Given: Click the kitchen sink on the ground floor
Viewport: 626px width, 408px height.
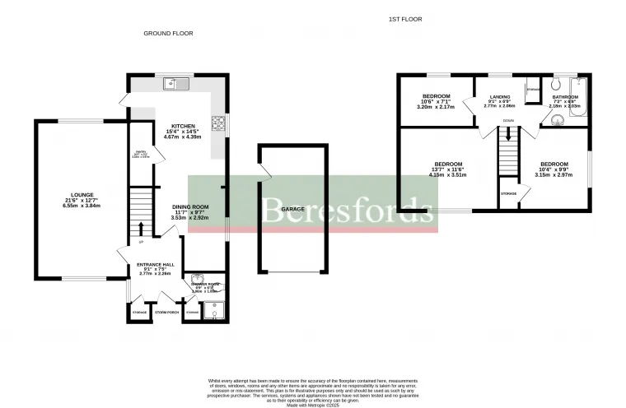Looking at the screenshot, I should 177,83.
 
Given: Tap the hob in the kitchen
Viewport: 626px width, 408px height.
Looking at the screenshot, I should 220,123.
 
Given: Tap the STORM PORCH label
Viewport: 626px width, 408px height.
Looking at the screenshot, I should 167,313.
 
